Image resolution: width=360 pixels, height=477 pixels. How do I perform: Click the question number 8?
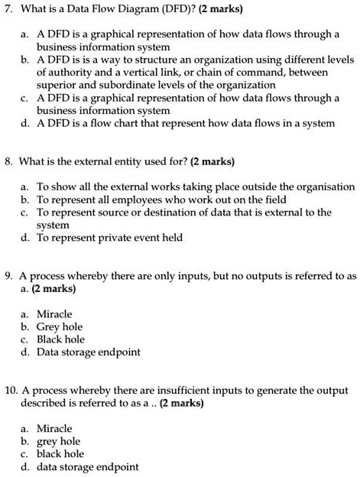point(8,162)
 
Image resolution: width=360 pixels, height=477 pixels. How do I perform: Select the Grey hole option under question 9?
point(59,327)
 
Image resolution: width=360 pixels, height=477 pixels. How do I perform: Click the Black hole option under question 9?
point(60,339)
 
